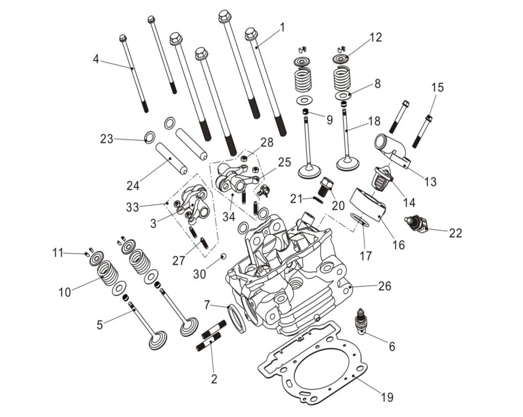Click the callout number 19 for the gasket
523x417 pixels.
coord(387,397)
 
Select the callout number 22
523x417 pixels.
coord(455,233)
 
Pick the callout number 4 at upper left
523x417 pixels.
coord(96,59)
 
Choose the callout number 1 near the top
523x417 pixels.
coord(282,27)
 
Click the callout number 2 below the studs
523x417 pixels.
coord(214,379)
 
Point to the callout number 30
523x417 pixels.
coord(199,274)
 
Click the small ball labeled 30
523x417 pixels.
coord(223,254)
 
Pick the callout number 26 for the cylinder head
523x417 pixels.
coord(385,286)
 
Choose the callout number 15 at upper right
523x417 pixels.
coord(437,87)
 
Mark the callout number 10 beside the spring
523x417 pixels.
coord(65,292)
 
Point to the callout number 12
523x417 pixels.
coord(376,38)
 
